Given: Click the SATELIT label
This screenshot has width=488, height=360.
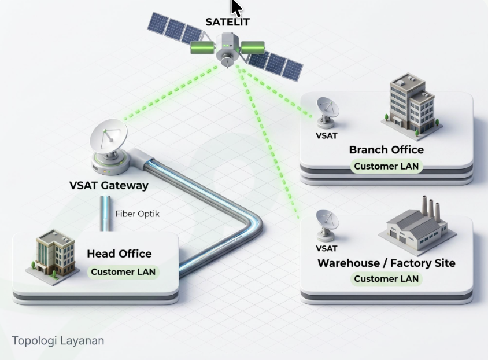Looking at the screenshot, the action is (227, 22).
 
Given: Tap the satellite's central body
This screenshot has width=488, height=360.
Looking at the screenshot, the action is (227, 49).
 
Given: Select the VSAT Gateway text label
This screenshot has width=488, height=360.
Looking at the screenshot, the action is (109, 185).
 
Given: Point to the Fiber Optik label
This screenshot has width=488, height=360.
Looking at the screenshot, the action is (137, 214).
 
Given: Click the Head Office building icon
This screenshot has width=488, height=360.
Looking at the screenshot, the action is (53, 258).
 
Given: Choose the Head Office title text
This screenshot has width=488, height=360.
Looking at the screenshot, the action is (119, 254).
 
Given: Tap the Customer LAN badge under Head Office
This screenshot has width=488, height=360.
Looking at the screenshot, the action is (123, 272).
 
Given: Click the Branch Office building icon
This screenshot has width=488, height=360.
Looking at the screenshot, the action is (411, 104).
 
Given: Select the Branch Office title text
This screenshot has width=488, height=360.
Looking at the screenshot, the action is (386, 150).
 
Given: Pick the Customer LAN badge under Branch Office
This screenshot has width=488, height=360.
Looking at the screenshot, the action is (386, 166).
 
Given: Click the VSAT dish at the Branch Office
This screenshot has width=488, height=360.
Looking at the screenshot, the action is (327, 112).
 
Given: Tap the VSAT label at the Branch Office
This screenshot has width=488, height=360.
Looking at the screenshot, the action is (327, 136).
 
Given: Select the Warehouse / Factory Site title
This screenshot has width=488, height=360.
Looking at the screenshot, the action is (386, 263).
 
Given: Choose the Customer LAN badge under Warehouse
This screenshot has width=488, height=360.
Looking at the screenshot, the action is (386, 279).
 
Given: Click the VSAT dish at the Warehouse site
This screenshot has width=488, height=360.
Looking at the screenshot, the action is (327, 225).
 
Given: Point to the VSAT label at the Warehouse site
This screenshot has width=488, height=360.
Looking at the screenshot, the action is (327, 248).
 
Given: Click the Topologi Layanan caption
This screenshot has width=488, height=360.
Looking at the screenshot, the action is (58, 341).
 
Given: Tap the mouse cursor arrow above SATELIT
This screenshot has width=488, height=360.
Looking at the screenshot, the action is (236, 8).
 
